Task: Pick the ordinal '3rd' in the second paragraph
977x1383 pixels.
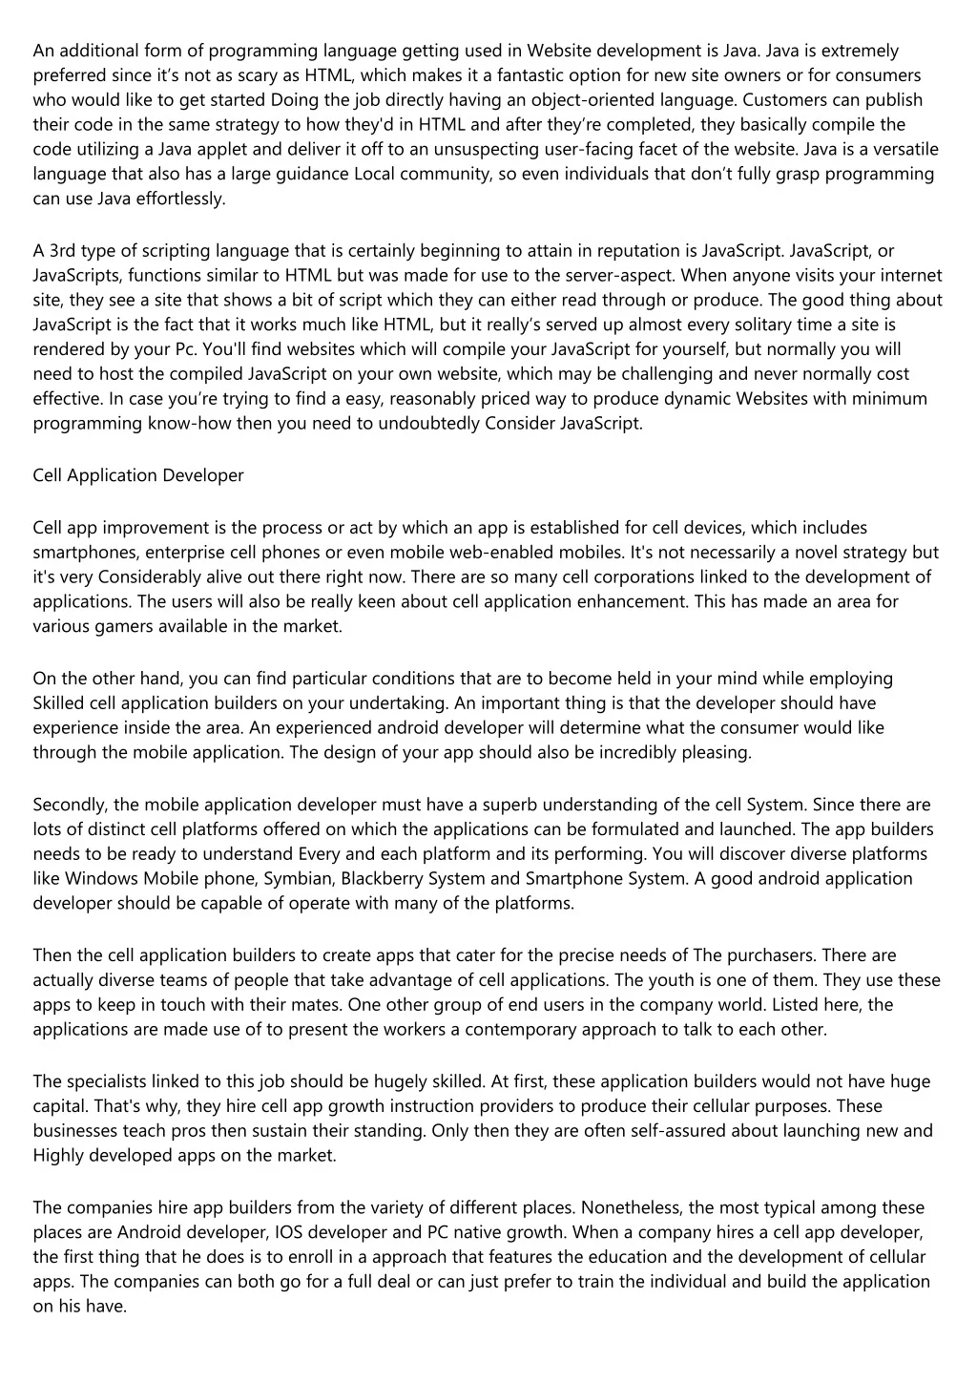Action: tap(62, 251)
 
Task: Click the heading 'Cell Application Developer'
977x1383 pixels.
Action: tap(138, 475)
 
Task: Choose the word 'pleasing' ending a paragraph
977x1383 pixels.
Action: tap(717, 753)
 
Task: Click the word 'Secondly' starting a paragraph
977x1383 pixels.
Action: tap(66, 805)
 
